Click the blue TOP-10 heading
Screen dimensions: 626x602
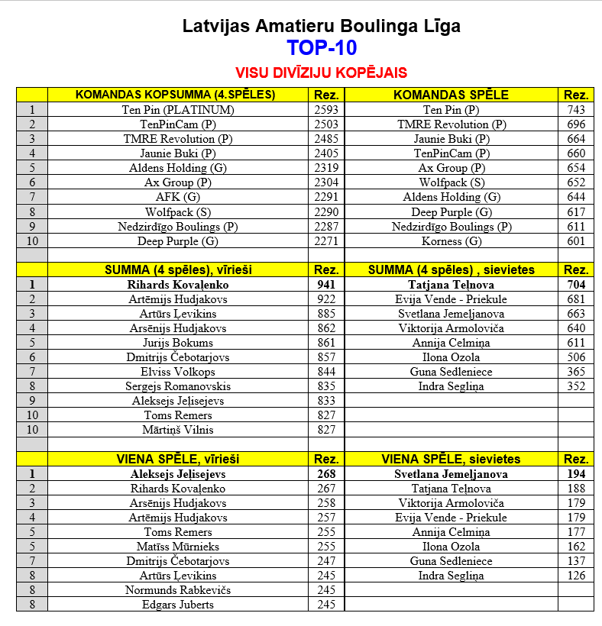point(322,49)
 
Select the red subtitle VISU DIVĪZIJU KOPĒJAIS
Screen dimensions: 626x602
point(321,73)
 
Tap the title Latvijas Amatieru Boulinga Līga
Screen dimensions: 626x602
point(322,27)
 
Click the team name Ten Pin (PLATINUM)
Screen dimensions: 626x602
point(178,110)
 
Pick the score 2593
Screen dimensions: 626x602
point(326,110)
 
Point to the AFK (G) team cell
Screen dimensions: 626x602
point(178,197)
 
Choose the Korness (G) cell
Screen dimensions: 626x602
point(451,241)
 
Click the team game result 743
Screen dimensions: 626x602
point(576,110)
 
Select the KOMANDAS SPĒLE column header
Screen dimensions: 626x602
point(451,95)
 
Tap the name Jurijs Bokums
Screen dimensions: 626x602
point(178,343)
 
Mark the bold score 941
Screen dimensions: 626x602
point(326,285)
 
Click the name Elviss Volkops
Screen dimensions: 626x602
point(178,372)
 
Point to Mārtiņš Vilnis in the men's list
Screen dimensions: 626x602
point(178,430)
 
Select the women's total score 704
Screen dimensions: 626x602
point(576,285)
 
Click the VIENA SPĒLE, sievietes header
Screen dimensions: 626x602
point(451,459)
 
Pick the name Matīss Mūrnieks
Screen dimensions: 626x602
point(178,547)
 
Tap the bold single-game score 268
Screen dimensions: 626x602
point(326,474)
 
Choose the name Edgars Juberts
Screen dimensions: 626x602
point(178,605)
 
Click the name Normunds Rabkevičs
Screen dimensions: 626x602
point(178,590)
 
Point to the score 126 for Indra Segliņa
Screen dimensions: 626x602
point(576,576)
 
